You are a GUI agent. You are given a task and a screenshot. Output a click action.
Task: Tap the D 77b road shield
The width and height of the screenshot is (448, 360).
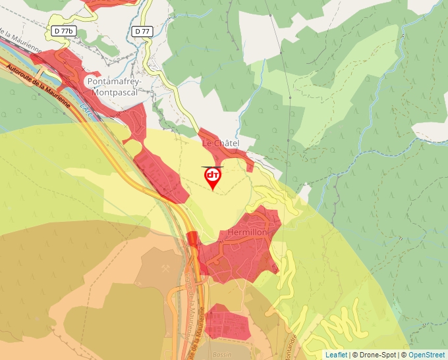click(64, 31)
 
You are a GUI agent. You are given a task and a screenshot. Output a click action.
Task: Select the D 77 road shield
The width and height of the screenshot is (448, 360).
click(142, 31)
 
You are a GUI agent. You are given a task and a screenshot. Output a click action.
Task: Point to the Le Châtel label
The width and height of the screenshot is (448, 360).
click(220, 143)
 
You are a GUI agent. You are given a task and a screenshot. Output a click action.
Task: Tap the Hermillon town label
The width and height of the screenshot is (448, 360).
click(248, 233)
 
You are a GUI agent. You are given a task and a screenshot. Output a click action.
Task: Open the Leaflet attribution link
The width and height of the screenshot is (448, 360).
click(336, 355)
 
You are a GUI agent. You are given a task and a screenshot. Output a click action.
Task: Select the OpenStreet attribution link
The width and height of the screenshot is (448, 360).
click(427, 355)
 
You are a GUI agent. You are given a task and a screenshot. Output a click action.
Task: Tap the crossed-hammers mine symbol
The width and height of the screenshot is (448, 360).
click(162, 270)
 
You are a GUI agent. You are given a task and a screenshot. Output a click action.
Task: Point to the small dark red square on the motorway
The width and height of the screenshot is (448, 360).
click(192, 238)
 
